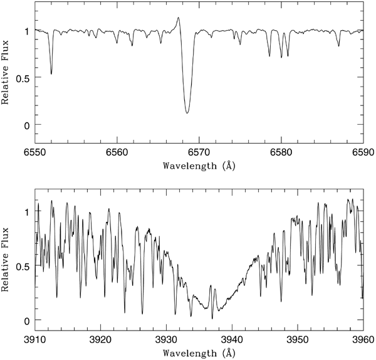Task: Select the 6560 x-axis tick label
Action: [117, 152]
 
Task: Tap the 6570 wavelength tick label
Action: [199, 152]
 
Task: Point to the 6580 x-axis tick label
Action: [281, 152]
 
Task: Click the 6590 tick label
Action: [362, 152]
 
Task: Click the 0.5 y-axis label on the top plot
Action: [21, 78]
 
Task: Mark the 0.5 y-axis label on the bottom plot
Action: [21, 266]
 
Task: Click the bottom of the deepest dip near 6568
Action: [187, 113]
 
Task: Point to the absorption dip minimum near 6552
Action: [51, 73]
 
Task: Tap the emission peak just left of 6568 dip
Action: [179, 18]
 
